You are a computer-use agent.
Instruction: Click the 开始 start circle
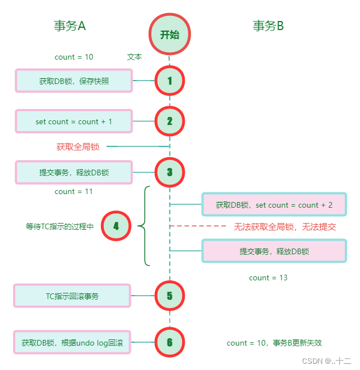coord(170,35)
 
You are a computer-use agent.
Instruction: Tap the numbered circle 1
coord(170,81)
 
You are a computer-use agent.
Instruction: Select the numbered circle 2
coord(170,121)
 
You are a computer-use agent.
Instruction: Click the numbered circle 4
coord(116,226)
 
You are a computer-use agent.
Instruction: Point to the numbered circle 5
coord(170,296)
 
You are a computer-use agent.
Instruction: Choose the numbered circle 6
coord(170,342)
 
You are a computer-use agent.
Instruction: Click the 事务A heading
coord(70,26)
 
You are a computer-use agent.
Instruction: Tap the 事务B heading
coord(268,26)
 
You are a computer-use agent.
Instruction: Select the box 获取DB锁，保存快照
coord(74,81)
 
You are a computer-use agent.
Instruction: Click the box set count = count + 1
coord(74,121)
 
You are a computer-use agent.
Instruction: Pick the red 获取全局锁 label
coord(78,147)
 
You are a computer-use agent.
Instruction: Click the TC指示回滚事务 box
coord(73,296)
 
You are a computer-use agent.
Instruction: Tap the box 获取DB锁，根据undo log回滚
coord(73,342)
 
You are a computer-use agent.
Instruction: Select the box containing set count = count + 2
coord(274,205)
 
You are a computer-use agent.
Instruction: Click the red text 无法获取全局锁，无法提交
coord(285,226)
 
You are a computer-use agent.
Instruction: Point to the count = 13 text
coord(268,277)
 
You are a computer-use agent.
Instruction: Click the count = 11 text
coord(74,192)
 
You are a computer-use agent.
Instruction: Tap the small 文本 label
coord(134,57)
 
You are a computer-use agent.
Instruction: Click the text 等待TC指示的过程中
coord(60,226)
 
